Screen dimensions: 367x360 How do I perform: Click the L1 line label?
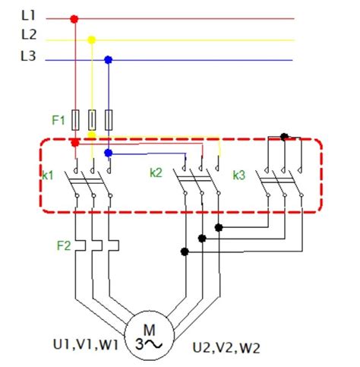(x=29, y=15)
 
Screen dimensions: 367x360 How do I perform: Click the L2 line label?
(x=29, y=35)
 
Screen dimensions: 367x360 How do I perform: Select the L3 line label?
(x=29, y=55)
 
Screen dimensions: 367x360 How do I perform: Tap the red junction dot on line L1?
(x=74, y=18)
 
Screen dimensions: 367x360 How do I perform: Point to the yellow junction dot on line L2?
(x=92, y=40)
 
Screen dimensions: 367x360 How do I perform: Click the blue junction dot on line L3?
(x=109, y=59)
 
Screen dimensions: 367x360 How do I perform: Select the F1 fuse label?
(x=59, y=119)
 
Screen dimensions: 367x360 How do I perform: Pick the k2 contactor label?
(x=156, y=172)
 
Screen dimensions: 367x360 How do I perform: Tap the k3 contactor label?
(x=239, y=175)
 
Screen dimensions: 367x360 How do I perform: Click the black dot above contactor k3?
(x=284, y=137)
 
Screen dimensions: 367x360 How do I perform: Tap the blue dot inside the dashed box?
(x=109, y=153)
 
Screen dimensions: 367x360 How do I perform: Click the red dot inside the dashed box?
(x=74, y=143)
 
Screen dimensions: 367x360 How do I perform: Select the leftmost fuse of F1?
(x=74, y=119)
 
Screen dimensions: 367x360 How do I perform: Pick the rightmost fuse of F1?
(x=109, y=119)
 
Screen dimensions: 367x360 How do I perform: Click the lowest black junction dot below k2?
(x=184, y=252)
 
